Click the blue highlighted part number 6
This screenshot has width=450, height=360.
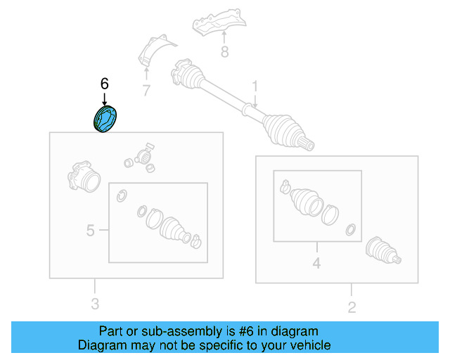coord(105,119)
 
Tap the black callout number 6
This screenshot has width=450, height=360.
coord(105,84)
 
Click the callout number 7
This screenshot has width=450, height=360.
coord(146,91)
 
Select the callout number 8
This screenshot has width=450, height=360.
coord(225,52)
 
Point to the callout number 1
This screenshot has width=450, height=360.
coord(255,86)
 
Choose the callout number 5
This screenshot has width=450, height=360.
coord(90,230)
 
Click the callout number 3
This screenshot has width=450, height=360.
coord(95,304)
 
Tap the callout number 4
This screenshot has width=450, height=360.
coord(316,263)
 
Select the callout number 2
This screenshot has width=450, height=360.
coord(352,307)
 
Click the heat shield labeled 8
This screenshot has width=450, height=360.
coord(219,22)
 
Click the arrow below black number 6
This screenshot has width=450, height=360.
coord(105,98)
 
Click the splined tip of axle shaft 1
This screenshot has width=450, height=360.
coord(309,144)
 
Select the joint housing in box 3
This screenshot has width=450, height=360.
coord(84,176)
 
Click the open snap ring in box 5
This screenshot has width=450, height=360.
coord(122,195)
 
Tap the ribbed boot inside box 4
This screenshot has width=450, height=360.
coord(307,202)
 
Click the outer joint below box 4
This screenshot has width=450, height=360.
coord(383,250)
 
